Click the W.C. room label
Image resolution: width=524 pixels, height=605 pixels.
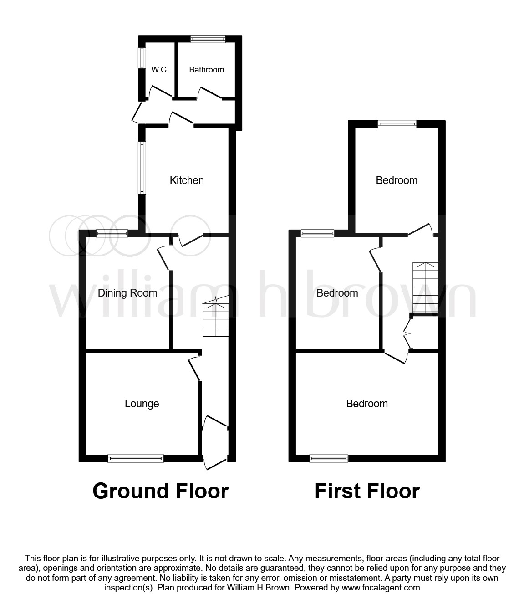[x=160, y=70]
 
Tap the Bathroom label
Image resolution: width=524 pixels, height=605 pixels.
[x=206, y=70]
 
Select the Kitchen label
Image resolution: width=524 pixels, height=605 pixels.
[x=187, y=180]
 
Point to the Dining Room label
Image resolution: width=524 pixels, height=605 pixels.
[x=127, y=293]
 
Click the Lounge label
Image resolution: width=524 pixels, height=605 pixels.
[x=142, y=404]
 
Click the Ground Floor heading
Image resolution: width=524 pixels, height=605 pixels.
[x=160, y=491]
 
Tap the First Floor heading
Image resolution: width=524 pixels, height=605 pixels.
[x=367, y=491]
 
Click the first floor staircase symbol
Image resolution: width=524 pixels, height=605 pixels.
[x=425, y=287]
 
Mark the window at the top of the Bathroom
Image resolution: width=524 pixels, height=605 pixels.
[x=208, y=39]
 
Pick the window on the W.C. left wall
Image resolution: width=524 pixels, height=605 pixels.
[x=142, y=58]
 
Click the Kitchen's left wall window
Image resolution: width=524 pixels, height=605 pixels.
[x=142, y=167]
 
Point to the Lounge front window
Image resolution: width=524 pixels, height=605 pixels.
[x=136, y=458]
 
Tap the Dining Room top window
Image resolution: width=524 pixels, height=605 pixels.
[x=112, y=234]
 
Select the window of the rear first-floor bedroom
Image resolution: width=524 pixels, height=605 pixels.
[x=397, y=124]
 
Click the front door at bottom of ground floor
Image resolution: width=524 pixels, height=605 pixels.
[x=215, y=462]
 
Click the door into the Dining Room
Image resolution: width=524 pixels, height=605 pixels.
[x=163, y=258]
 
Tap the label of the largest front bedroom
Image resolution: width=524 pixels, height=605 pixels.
[x=367, y=404]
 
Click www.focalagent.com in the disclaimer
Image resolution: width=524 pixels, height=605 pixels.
[x=381, y=588]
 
